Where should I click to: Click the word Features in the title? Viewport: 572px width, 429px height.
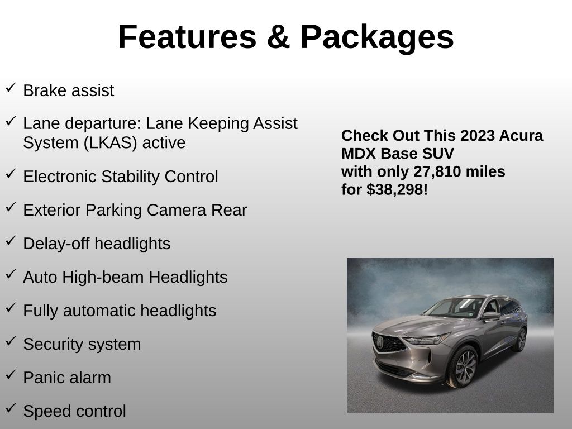(187, 37)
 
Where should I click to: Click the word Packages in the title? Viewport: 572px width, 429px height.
(377, 38)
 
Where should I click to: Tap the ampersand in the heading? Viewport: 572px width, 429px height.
(278, 37)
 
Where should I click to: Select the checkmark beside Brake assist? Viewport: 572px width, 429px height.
(11, 88)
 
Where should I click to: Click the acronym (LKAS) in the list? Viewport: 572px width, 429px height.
(110, 142)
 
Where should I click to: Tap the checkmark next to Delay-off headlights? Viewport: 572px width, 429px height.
(11, 241)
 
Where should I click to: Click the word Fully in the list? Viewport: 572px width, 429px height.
(40, 311)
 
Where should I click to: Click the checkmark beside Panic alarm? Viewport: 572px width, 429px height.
(11, 375)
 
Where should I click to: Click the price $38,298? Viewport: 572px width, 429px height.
(397, 190)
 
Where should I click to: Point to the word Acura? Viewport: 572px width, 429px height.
(521, 136)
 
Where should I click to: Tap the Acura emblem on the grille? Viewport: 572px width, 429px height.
(380, 342)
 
